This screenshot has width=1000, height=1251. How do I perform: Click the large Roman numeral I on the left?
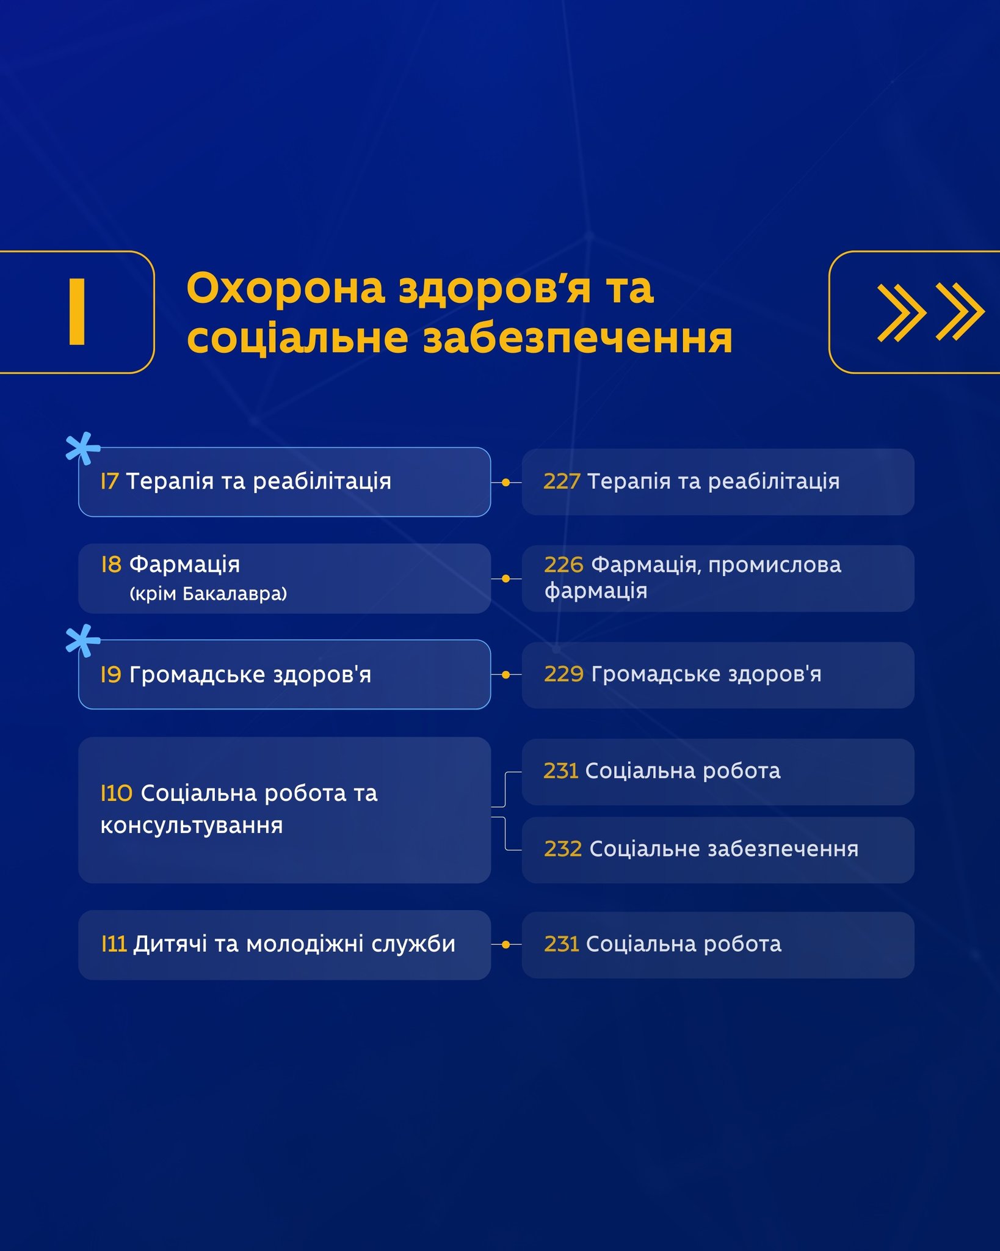[77, 312]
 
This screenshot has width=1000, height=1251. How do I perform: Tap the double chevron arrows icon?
[930, 312]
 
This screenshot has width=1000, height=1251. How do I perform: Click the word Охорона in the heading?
[286, 288]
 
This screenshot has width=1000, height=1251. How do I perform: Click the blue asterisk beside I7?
[83, 448]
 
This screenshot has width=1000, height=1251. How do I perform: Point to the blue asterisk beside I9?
[83, 641]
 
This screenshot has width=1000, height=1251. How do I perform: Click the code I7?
[109, 481]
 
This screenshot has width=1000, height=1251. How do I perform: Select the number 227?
[562, 481]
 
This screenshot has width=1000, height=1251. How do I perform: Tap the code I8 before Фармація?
[111, 564]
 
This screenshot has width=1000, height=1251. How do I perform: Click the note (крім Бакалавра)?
[208, 594]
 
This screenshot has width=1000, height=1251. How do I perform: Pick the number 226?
[563, 565]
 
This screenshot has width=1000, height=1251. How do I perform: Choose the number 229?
[564, 674]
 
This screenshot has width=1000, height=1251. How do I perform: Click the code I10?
[117, 793]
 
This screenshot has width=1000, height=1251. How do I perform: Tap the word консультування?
[192, 826]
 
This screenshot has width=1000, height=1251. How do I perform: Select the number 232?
[563, 849]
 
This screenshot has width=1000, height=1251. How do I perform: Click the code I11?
[114, 944]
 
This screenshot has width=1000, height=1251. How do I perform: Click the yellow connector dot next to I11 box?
[505, 945]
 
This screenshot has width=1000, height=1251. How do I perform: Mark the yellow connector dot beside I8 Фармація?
[505, 578]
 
